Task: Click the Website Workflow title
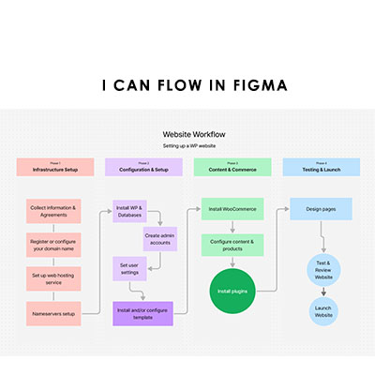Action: [193, 135]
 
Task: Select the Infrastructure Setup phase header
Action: [55, 168]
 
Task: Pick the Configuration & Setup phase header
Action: [143, 168]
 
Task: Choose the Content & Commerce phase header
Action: [232, 168]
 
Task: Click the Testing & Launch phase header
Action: [321, 168]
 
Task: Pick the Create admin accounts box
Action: [159, 238]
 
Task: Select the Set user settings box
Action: [130, 270]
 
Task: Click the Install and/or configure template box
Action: [143, 312]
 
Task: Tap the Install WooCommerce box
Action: [232, 208]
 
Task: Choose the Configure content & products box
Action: [232, 245]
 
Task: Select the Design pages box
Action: [321, 208]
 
